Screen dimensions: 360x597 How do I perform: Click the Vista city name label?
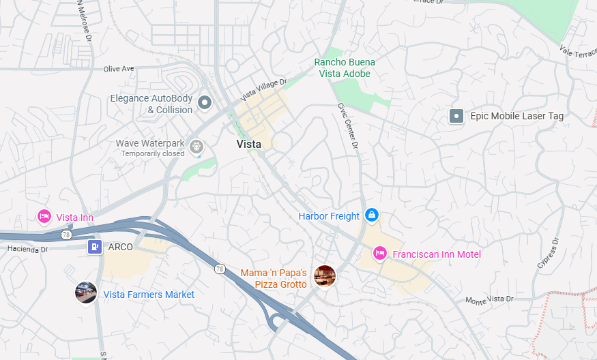point(248,144)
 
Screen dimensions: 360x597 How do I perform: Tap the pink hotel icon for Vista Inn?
point(44,217)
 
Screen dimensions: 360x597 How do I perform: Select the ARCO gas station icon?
point(94,247)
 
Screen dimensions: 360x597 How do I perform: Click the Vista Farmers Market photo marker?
point(85,292)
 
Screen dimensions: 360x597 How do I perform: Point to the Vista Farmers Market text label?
point(149,295)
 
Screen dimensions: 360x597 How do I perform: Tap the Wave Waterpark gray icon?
point(196,145)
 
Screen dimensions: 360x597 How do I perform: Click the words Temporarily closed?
point(153,154)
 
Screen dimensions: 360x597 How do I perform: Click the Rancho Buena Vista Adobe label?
point(345,67)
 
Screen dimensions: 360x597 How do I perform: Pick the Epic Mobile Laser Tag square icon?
point(456,116)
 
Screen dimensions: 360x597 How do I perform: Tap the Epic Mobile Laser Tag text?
point(516,116)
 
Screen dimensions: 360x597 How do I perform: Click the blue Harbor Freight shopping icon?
point(371,215)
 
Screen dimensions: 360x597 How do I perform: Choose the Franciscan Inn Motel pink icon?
point(380,254)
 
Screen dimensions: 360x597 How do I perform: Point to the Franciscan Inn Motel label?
point(437,254)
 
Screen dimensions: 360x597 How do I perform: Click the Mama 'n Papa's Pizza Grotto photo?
point(324,276)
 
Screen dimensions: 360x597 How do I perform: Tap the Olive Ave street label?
point(119,69)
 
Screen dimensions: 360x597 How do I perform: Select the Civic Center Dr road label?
point(347,125)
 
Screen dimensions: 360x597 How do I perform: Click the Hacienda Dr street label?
point(28,249)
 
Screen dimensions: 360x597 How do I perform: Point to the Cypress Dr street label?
point(548,254)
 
